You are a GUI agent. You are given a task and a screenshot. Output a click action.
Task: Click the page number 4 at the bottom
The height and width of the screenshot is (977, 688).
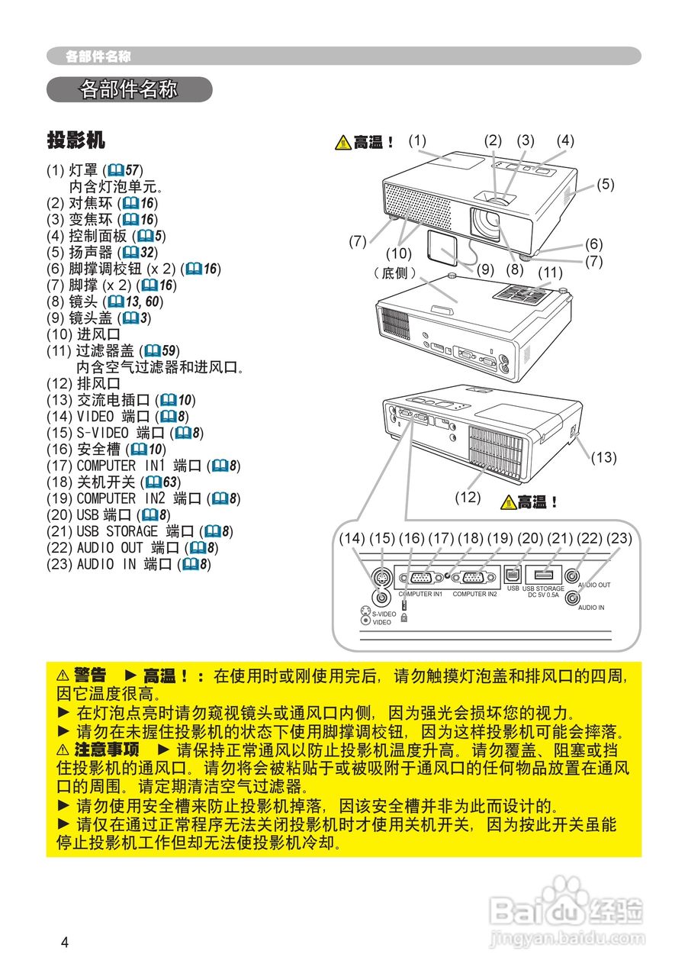65,942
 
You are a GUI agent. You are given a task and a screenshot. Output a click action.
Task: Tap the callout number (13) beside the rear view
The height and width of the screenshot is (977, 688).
603,457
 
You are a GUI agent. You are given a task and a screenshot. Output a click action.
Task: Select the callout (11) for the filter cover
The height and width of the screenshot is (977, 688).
549,272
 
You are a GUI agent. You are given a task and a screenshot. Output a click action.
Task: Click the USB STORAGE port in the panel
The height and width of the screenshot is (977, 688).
543,575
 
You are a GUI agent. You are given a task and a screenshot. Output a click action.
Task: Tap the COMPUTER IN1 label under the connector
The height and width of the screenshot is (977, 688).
422,594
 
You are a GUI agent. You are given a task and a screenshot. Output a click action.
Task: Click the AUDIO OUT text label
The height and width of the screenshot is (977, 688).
594,585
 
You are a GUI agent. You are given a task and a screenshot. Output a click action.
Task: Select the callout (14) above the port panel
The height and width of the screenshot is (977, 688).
352,538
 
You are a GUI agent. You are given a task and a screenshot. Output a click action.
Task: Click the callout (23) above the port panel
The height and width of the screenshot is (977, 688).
619,538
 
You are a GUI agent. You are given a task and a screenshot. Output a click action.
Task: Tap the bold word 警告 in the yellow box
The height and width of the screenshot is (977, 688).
90,676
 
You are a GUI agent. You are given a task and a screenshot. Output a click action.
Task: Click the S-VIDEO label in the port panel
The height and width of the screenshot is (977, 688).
384,614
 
